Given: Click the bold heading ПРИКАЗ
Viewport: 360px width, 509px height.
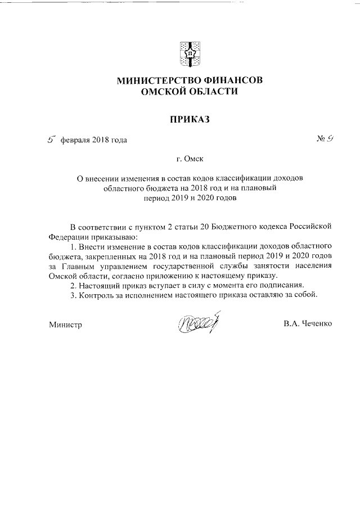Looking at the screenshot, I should tap(190, 119).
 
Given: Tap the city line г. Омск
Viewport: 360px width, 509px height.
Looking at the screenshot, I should tap(190, 159).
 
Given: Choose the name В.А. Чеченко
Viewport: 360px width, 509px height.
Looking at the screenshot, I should tap(308, 324).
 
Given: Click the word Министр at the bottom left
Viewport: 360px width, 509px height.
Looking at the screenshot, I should tap(65, 325).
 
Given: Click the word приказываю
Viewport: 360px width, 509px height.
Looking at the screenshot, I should tap(111, 237).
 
